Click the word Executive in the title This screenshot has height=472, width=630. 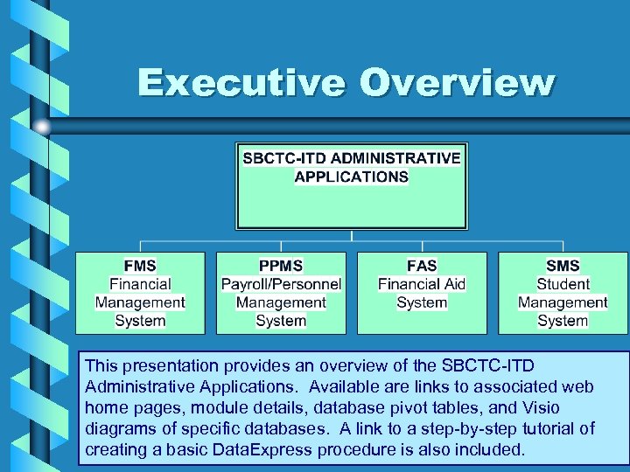click(241, 84)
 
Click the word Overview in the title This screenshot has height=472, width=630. click(457, 84)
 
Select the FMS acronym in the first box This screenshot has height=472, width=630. click(140, 266)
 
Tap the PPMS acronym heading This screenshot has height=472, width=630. click(281, 266)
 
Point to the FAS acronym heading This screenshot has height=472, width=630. click(422, 266)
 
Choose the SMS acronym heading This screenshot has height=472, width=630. click(563, 266)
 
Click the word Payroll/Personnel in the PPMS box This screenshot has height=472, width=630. click(281, 284)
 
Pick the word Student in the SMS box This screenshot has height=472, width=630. click(563, 284)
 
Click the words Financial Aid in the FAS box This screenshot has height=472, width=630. click(422, 284)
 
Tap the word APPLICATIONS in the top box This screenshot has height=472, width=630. click(351, 177)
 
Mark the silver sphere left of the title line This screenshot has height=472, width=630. click(42, 127)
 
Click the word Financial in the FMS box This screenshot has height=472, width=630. click(140, 284)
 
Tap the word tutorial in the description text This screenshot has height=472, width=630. click(549, 429)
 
